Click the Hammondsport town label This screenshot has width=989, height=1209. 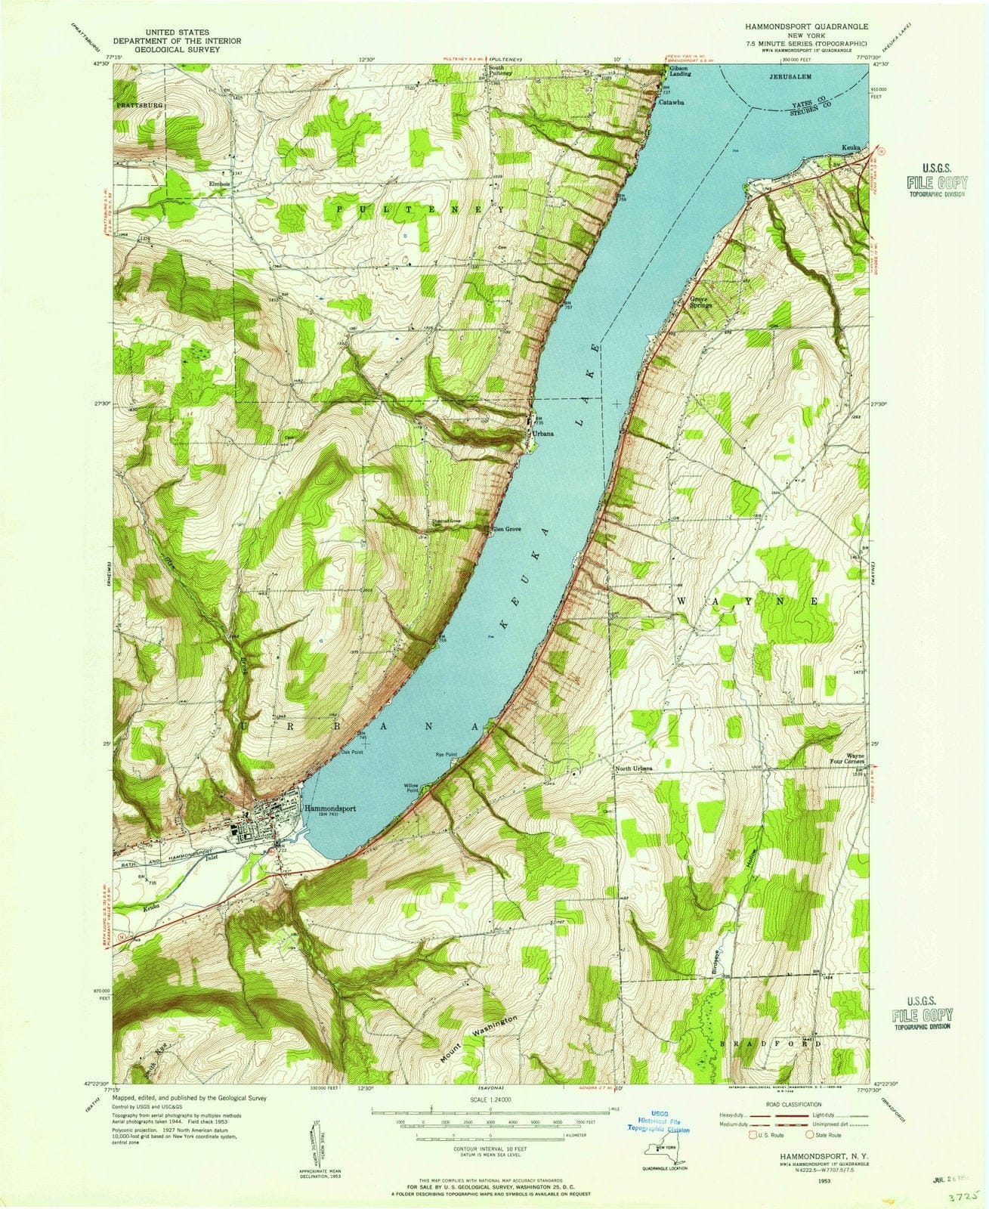click(x=329, y=807)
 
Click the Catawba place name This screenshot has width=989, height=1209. click(x=671, y=102)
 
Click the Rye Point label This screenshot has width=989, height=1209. click(x=447, y=754)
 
